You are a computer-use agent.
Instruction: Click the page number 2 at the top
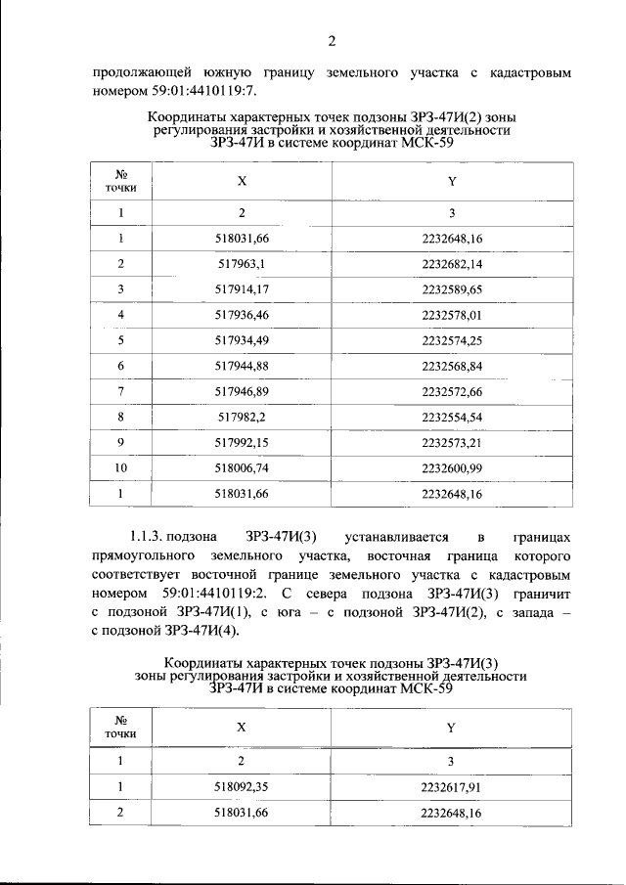coord(332,40)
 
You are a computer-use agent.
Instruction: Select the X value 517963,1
coord(234,264)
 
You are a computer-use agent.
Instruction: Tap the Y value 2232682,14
coord(452,264)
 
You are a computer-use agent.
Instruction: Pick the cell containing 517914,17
coord(234,289)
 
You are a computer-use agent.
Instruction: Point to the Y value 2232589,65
coord(452,289)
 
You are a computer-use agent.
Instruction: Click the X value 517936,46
coord(234,315)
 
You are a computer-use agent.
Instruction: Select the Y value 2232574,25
coord(452,340)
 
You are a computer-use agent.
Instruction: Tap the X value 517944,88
coord(234,366)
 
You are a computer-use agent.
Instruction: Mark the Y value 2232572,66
coord(452,391)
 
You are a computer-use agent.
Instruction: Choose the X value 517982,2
coord(234,417)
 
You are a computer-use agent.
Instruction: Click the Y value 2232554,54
coord(452,417)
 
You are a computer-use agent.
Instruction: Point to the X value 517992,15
coord(234,442)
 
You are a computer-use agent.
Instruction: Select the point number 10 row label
coord(121,467)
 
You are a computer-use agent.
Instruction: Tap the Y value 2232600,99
coord(452,467)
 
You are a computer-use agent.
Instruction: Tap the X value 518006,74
coord(234,467)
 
